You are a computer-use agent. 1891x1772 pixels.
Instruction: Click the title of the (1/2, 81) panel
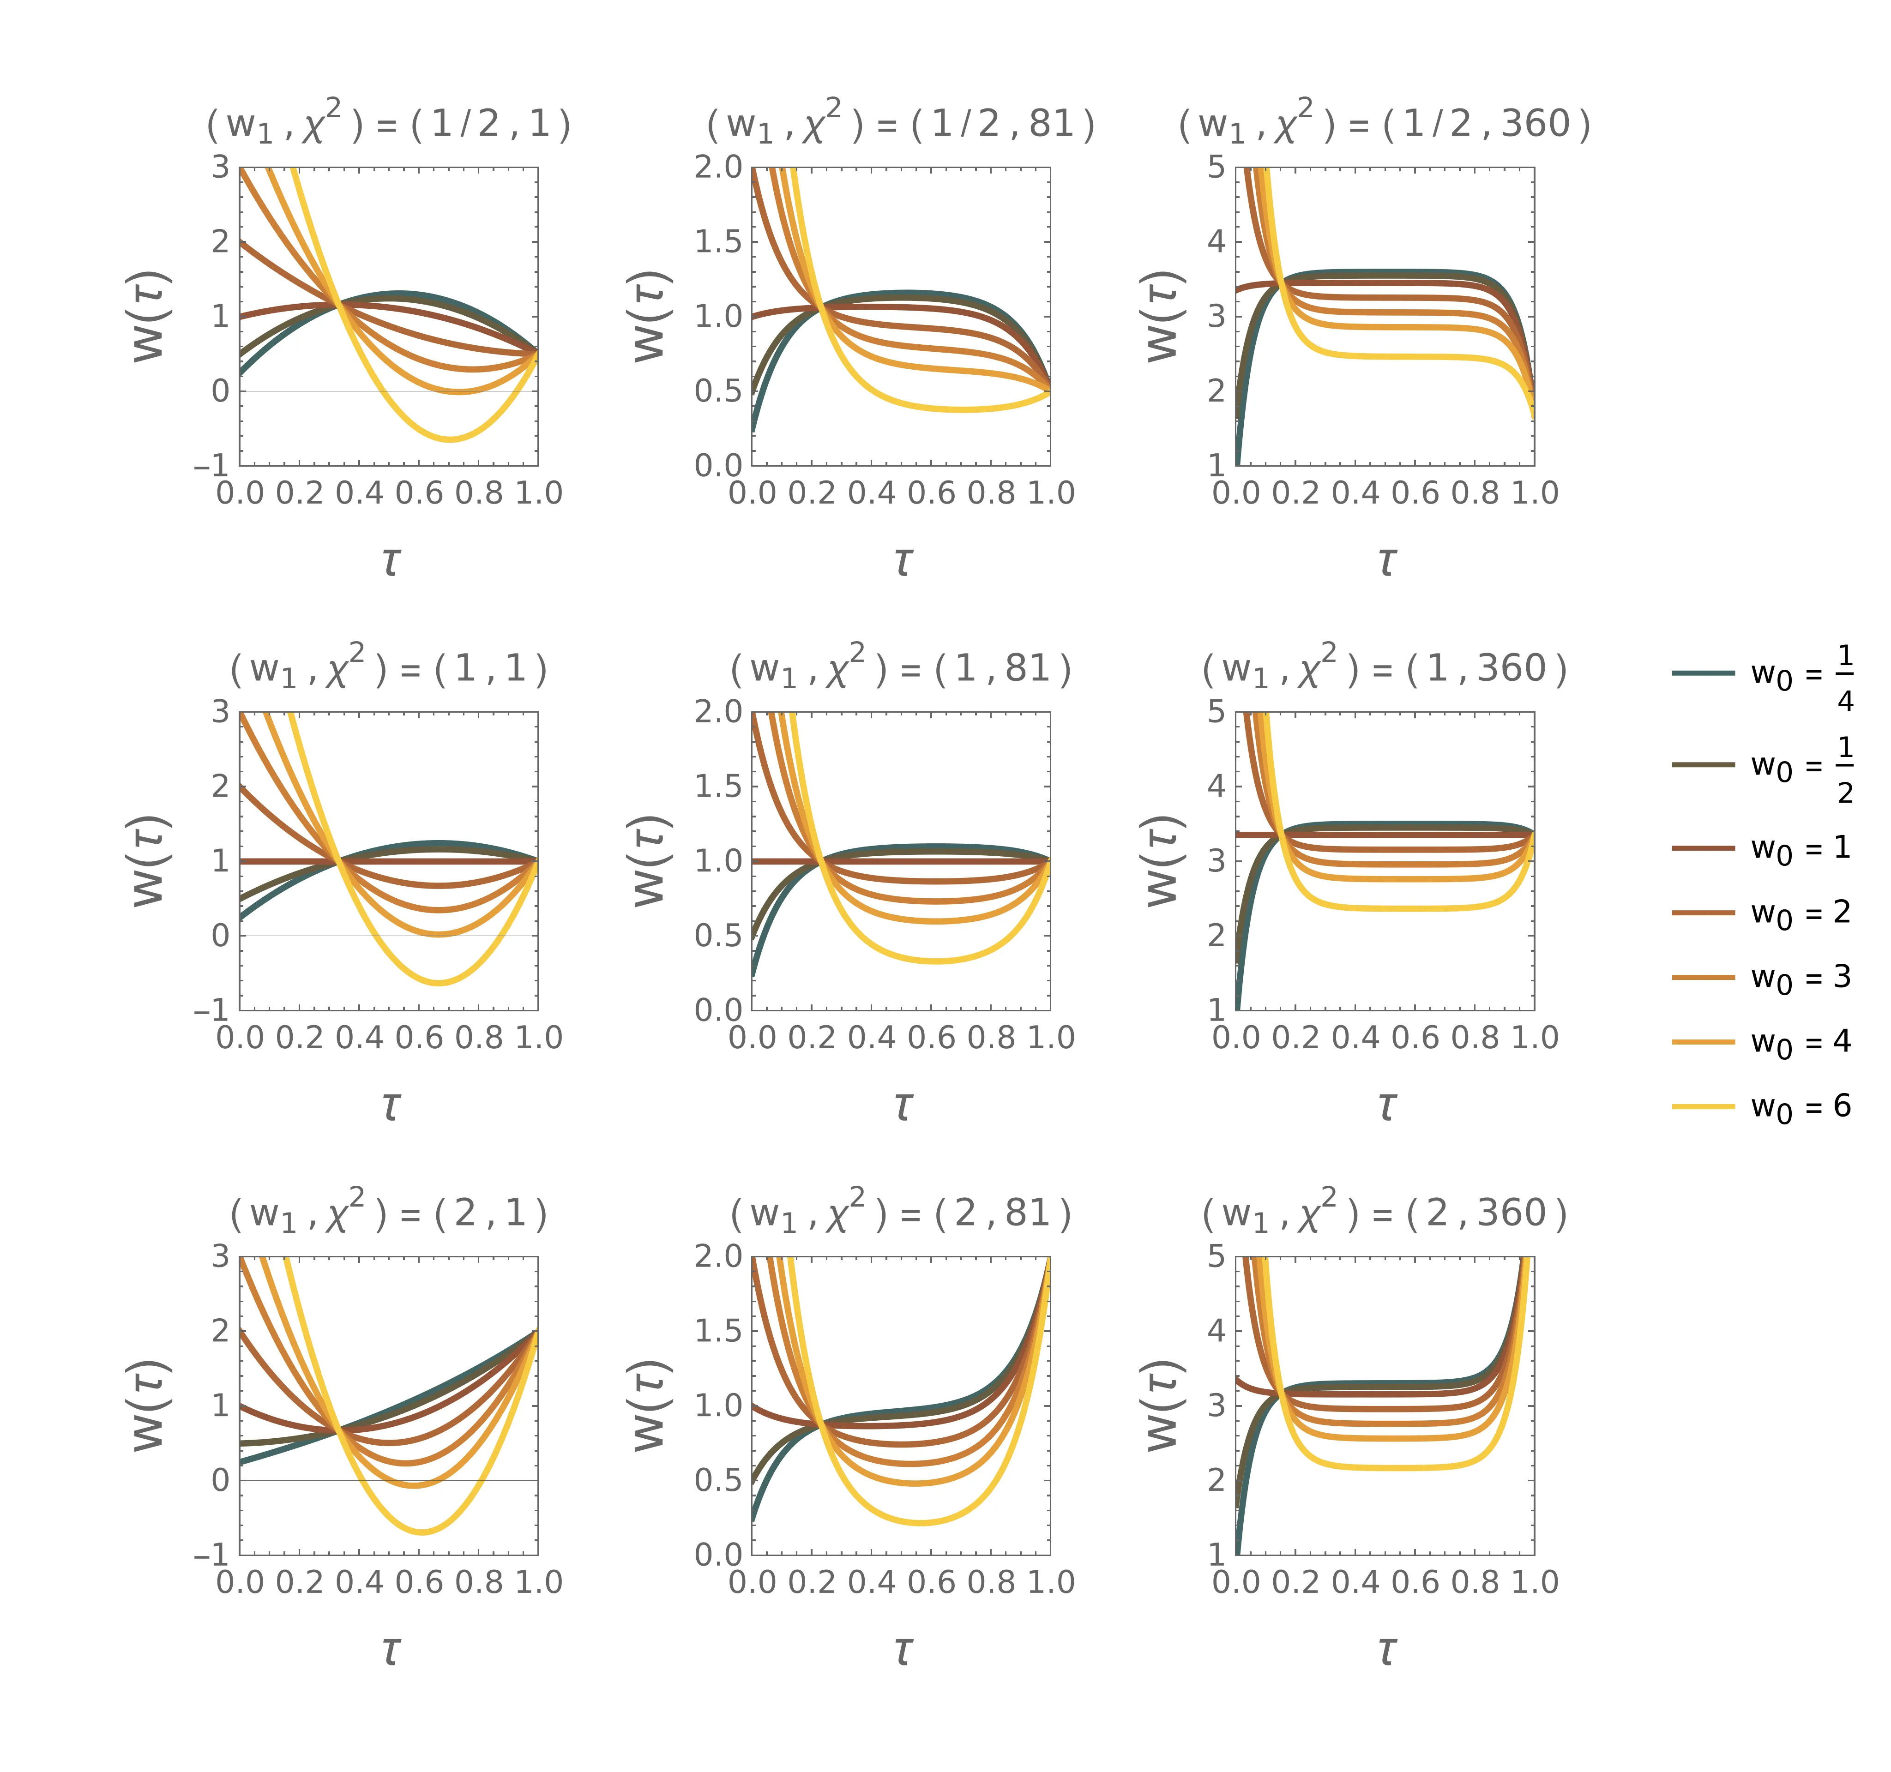tap(901, 124)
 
